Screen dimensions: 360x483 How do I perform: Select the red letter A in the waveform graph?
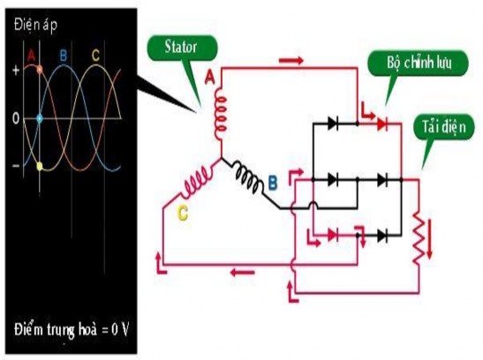pyautogui.click(x=33, y=55)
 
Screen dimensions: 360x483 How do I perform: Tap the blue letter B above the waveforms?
pyautogui.click(x=62, y=56)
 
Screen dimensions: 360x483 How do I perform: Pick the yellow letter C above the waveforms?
pyautogui.click(x=95, y=55)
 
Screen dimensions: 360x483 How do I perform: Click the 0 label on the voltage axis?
pyautogui.click(x=16, y=117)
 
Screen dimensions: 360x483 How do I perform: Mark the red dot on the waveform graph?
pyautogui.click(x=39, y=68)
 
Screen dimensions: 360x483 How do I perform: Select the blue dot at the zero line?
pyautogui.click(x=39, y=117)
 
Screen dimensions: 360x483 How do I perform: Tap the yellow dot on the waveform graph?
pyautogui.click(x=39, y=165)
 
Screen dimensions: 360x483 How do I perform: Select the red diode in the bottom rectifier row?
pyautogui.click(x=332, y=235)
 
